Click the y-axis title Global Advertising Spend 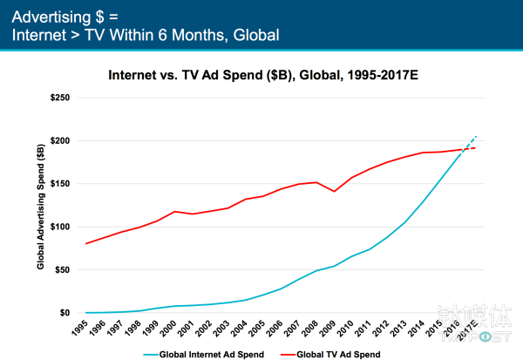pos(41,205)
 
